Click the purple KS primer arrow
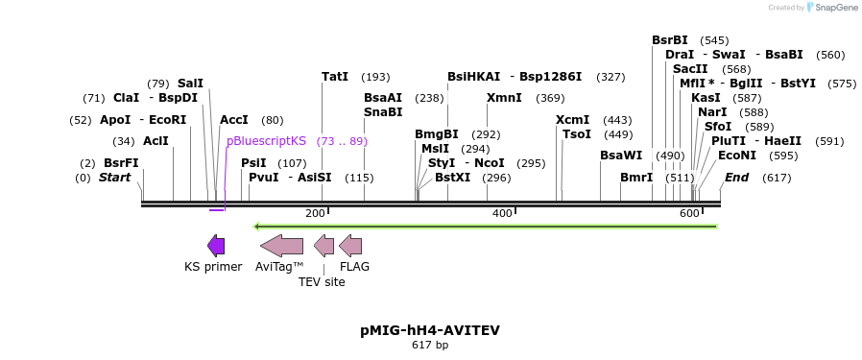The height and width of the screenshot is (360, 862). pyautogui.click(x=216, y=246)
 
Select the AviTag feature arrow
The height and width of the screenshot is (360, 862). pyautogui.click(x=281, y=246)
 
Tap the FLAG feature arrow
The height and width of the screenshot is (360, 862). pyautogui.click(x=350, y=246)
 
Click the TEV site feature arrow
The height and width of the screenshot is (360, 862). pyautogui.click(x=324, y=246)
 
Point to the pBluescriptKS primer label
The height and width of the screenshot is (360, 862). pyautogui.click(x=266, y=141)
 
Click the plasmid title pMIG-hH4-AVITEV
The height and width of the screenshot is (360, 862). pyautogui.click(x=430, y=330)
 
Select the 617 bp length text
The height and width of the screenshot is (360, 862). pyautogui.click(x=430, y=345)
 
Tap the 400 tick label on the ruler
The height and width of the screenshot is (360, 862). pyautogui.click(x=501, y=213)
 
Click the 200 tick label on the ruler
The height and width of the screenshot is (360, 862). pyautogui.click(x=315, y=213)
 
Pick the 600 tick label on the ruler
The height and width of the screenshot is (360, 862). pyautogui.click(x=689, y=213)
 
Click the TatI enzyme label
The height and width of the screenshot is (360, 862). pyautogui.click(x=335, y=77)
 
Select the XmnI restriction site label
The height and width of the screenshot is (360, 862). pyautogui.click(x=504, y=98)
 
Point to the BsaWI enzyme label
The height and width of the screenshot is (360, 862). pyautogui.click(x=621, y=156)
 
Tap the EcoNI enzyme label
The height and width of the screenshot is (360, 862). pyautogui.click(x=737, y=156)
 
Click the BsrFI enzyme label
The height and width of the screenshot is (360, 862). pyautogui.click(x=121, y=163)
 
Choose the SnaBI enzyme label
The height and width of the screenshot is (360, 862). pyautogui.click(x=383, y=112)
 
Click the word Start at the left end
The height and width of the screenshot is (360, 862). pyautogui.click(x=114, y=178)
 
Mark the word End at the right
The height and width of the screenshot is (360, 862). pyautogui.click(x=737, y=178)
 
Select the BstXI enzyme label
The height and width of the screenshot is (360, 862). pyautogui.click(x=453, y=178)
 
